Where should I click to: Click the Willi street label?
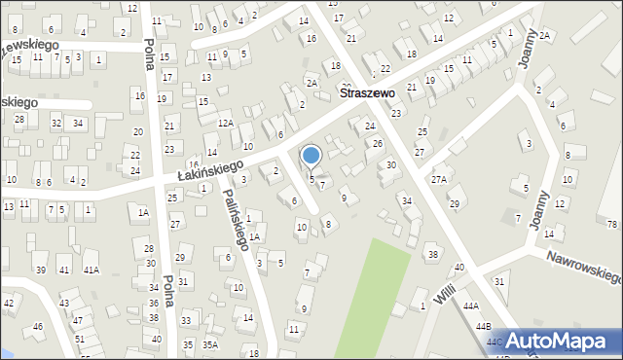pyautogui.click(x=446, y=290)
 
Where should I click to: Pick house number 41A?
pyautogui.click(x=91, y=270)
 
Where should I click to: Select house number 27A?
pyautogui.click(x=439, y=180)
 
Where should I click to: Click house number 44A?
pyautogui.click(x=471, y=306)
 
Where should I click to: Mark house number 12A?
pyautogui.click(x=225, y=123)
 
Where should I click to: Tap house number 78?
pyautogui.click(x=612, y=225)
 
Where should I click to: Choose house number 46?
pyautogui.click(x=38, y=326)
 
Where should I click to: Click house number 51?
pyautogui.click(x=80, y=339)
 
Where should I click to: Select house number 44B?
pyautogui.click(x=484, y=327)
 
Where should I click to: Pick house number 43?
pyautogui.click(x=65, y=304)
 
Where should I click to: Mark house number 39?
pyautogui.click(x=40, y=270)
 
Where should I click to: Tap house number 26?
pyautogui.click(x=377, y=144)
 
